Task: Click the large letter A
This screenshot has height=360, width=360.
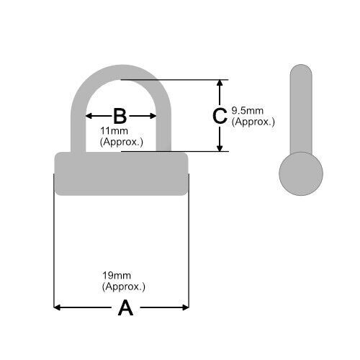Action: (125, 307)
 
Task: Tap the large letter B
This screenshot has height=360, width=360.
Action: (120, 116)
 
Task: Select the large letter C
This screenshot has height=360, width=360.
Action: (220, 116)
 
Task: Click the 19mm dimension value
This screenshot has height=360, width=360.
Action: (117, 276)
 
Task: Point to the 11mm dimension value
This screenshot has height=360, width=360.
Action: (114, 131)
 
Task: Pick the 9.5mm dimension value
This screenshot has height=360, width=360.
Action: (248, 111)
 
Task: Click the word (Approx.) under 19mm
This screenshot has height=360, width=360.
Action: (124, 287)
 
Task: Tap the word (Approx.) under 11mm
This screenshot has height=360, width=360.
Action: (122, 142)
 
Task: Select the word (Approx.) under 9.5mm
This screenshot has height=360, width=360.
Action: (253, 122)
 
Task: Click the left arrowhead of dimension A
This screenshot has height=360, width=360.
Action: (57, 307)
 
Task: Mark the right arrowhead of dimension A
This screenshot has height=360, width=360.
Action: (186, 307)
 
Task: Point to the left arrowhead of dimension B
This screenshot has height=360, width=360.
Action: (89, 116)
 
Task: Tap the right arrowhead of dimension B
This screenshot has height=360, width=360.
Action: (153, 116)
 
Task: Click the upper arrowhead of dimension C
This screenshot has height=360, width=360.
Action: (220, 83)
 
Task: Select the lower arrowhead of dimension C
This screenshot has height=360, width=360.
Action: (220, 148)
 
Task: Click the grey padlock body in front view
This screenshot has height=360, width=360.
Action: (122, 174)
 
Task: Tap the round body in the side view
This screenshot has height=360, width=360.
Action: (301, 174)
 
